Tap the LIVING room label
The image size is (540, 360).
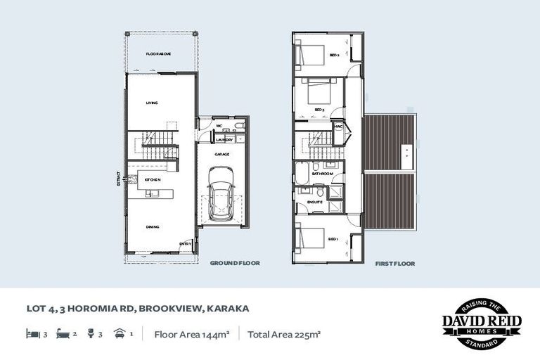152,103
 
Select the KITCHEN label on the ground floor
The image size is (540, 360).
153,180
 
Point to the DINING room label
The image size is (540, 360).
153,227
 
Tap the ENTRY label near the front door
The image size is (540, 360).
185,244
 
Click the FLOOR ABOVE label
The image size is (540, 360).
159,54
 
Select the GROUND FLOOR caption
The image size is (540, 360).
235,264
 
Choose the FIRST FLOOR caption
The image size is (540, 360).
394,264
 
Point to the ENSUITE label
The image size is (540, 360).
314,202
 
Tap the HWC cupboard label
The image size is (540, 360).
338,127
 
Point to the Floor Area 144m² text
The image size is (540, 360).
191,335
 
